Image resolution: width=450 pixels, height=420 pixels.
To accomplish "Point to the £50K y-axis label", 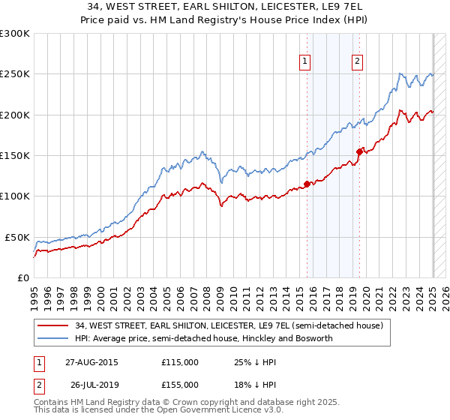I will (x=16, y=237).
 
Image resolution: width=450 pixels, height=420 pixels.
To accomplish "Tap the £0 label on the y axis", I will (x=22, y=278).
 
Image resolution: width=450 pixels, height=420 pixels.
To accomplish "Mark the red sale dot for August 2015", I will (x=307, y=184).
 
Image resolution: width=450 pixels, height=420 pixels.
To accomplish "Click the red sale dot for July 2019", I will (x=359, y=151).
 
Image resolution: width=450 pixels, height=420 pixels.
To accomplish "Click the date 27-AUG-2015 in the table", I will (x=91, y=362).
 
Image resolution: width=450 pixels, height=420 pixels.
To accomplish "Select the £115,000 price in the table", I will (x=180, y=362).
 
